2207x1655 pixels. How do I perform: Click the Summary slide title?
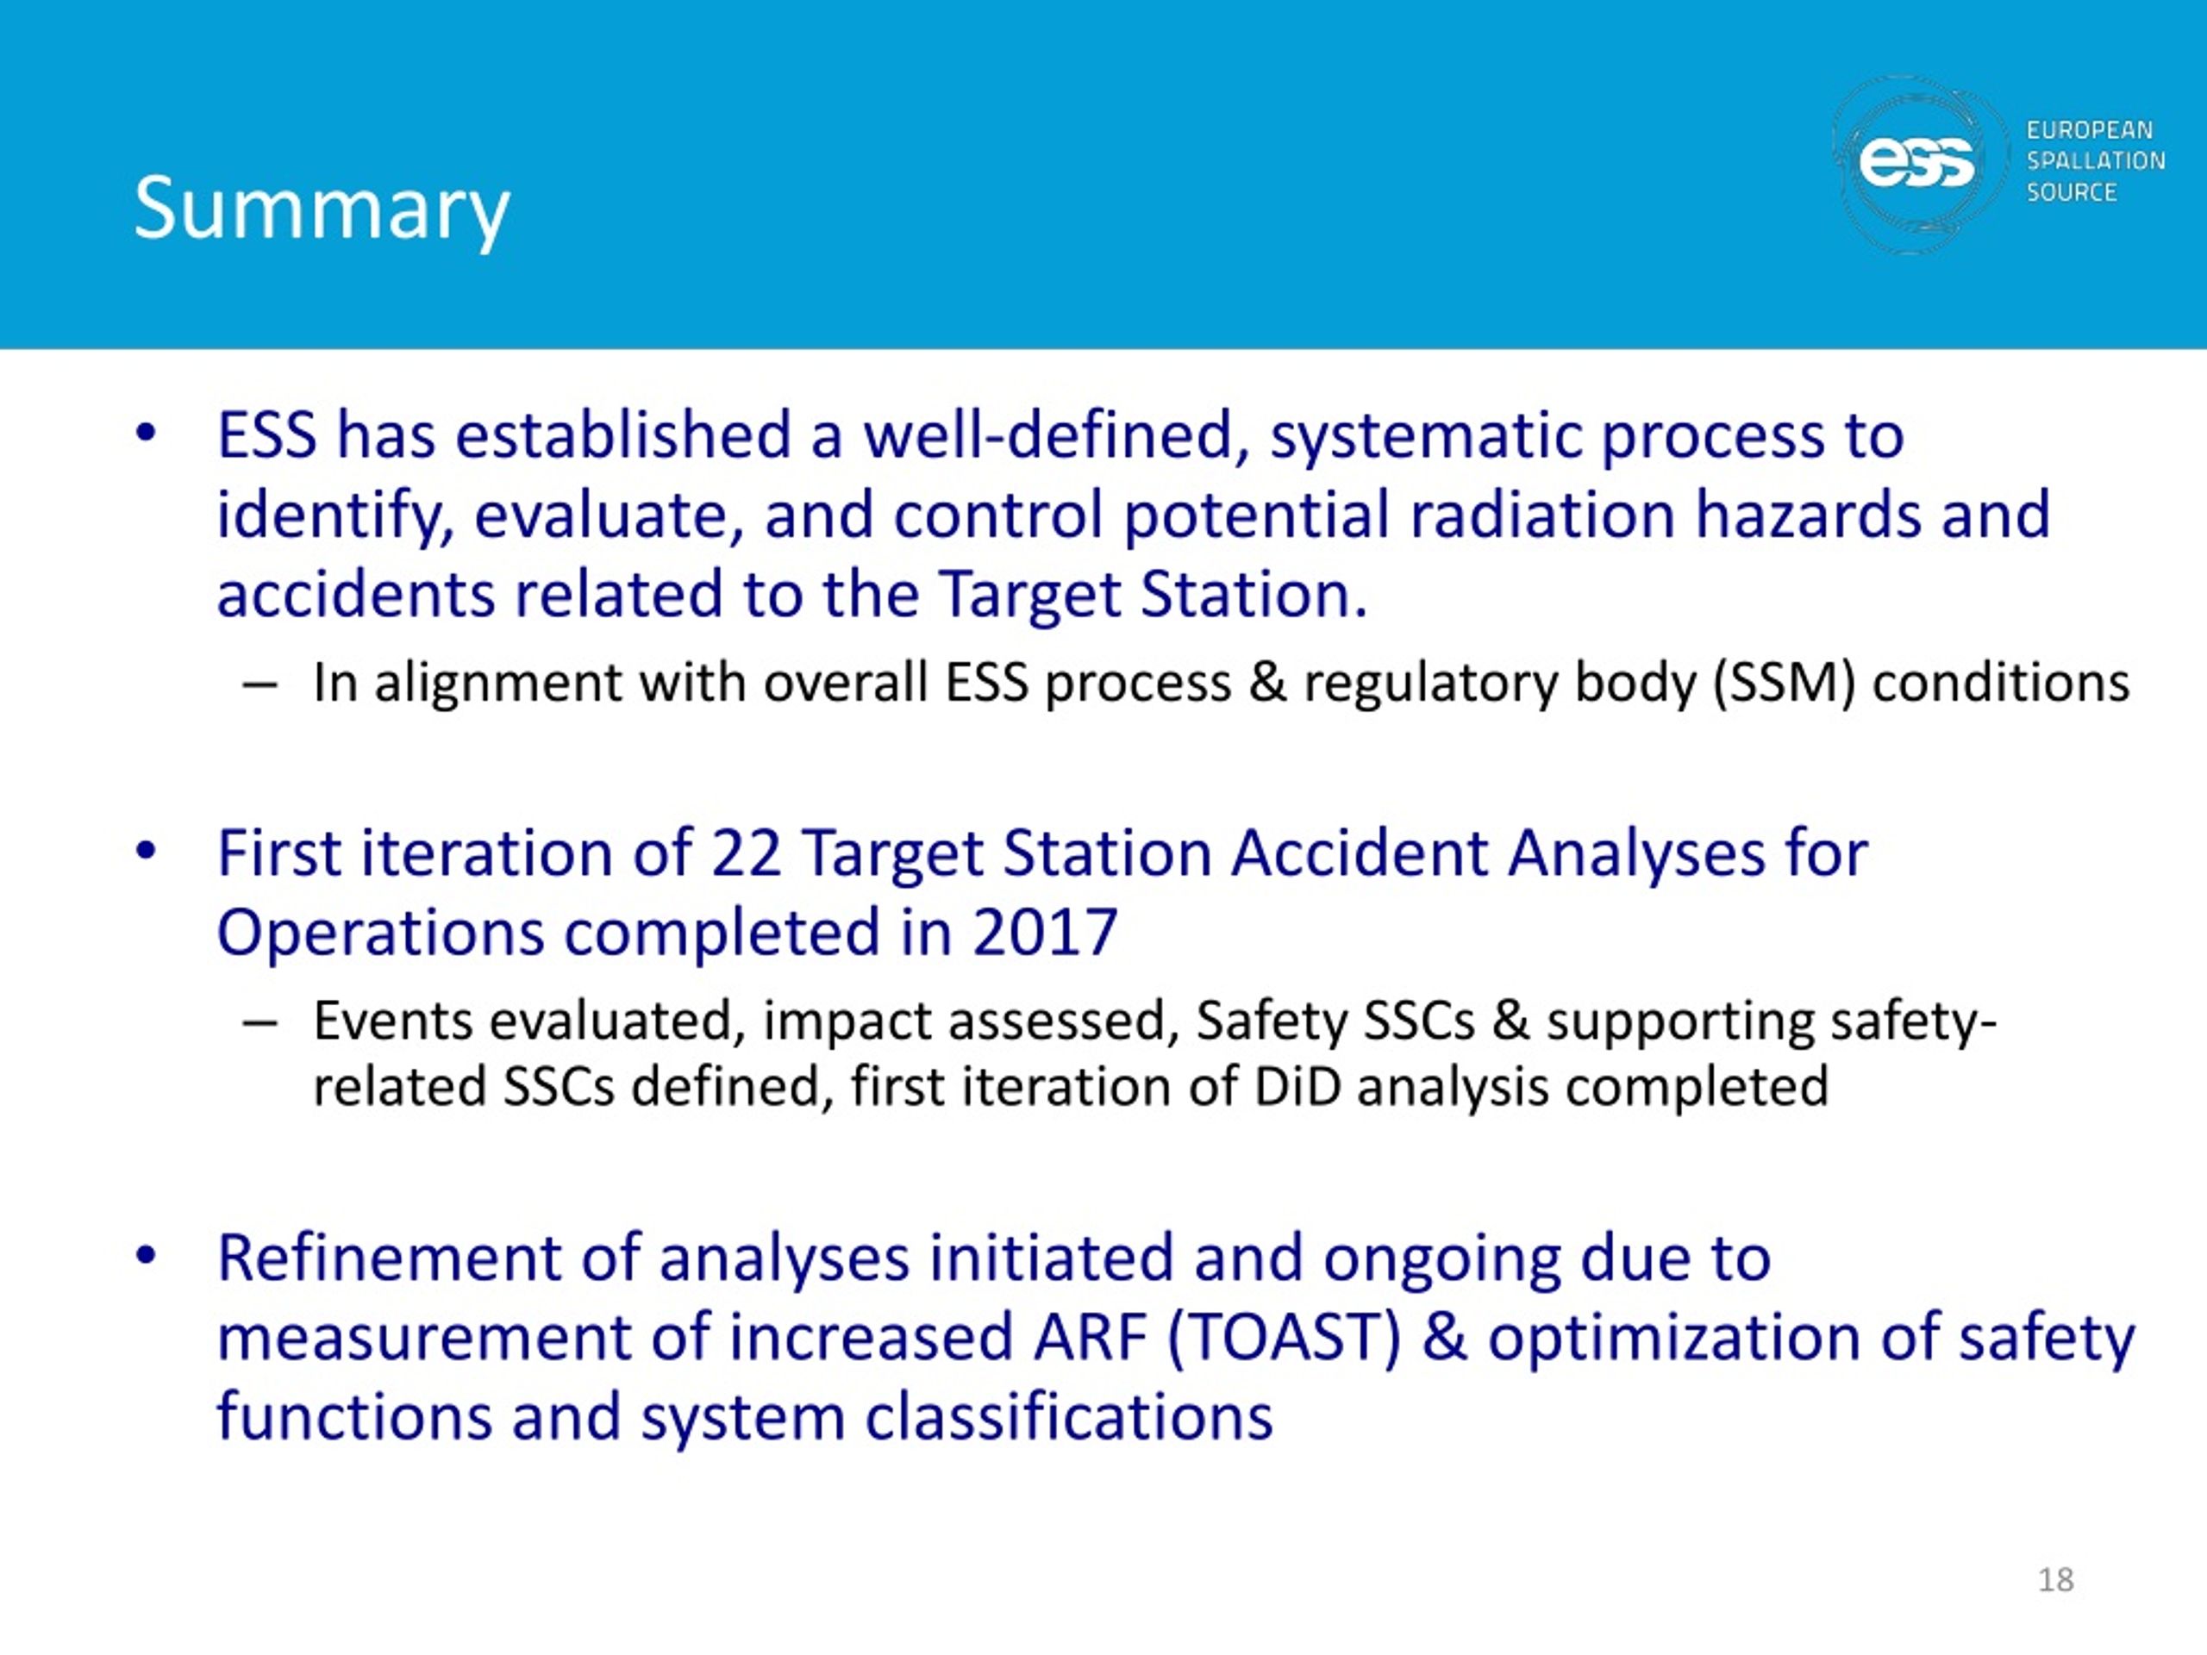(x=322, y=210)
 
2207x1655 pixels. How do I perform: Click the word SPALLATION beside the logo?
(x=2095, y=160)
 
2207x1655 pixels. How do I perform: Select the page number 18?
(x=2055, y=1579)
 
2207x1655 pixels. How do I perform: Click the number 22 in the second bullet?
(x=746, y=854)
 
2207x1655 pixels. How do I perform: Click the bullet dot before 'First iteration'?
(x=146, y=853)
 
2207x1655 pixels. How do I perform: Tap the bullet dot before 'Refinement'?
(x=146, y=1257)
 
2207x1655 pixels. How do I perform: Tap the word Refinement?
(x=389, y=1257)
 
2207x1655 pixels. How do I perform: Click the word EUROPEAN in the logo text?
(x=2089, y=129)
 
